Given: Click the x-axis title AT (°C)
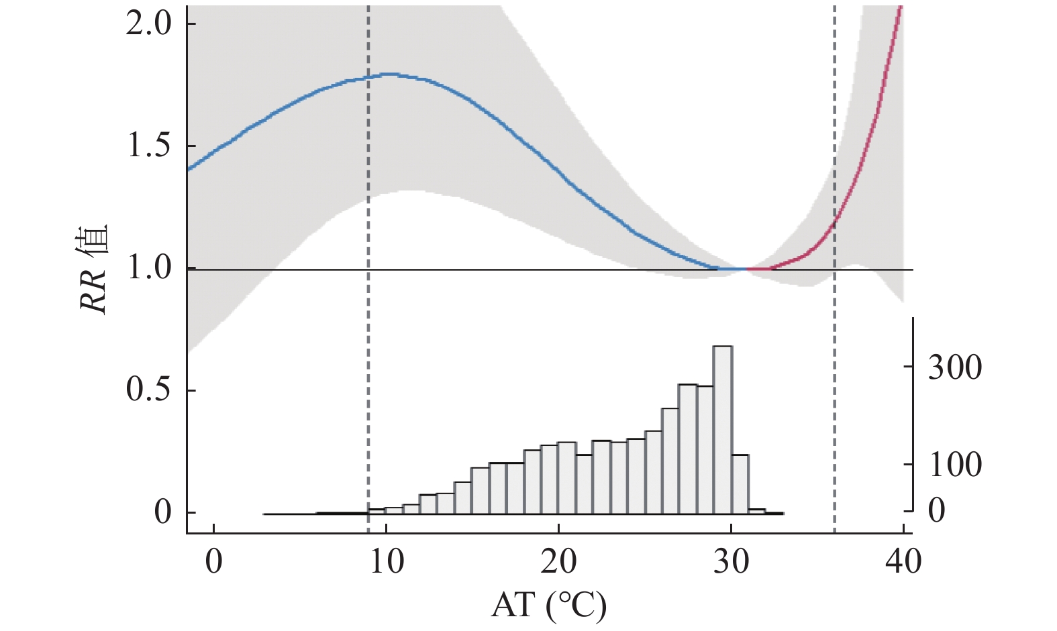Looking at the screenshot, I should (x=548, y=606).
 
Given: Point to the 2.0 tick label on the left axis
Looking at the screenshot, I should (x=149, y=25).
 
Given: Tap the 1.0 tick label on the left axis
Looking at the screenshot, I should (x=149, y=269).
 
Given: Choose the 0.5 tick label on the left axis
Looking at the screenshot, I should (x=149, y=391).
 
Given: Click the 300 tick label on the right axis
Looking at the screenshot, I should (x=955, y=367).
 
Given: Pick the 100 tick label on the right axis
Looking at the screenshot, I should (x=955, y=465).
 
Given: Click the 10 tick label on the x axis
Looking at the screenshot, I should (x=387, y=562).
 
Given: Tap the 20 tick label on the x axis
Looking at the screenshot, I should (x=558, y=562).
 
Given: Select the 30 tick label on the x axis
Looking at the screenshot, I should (x=731, y=562).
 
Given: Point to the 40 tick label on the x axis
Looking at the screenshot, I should (x=903, y=562).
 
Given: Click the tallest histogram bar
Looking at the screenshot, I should (x=723, y=429).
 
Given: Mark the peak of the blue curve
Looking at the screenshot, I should (x=389, y=74).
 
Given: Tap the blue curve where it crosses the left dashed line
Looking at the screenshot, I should (x=368, y=78).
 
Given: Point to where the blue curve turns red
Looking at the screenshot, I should (x=747, y=269).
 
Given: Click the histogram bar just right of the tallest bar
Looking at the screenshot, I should (x=740, y=483).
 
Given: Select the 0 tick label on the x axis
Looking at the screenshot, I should (x=213, y=562).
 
